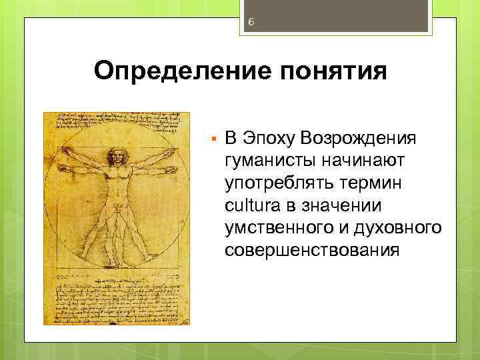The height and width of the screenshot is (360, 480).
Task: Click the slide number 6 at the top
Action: [x=251, y=22]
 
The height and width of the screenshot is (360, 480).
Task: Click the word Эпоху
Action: [x=269, y=138]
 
